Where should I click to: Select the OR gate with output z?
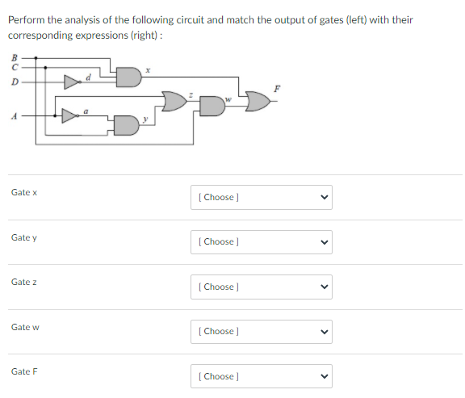point(174,103)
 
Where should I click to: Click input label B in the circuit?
point(12,57)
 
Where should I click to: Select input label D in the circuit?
point(12,82)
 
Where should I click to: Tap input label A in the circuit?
point(13,115)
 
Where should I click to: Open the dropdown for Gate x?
point(261,197)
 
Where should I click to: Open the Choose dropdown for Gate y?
point(261,241)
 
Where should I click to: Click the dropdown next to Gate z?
point(261,287)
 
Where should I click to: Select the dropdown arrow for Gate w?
point(325,331)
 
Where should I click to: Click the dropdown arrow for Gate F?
point(325,376)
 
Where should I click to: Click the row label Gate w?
point(25,327)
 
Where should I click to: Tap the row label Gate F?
point(25,371)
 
